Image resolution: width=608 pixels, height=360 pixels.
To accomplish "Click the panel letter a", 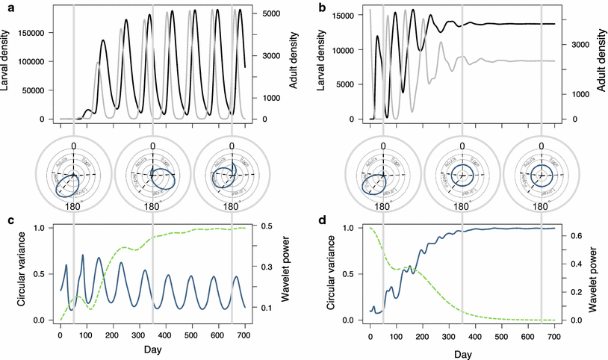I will (x=7, y=8).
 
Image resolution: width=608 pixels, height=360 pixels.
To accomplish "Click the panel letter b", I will (x=321, y=8).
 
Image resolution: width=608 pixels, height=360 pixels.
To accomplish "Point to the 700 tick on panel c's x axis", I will (x=245, y=333).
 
